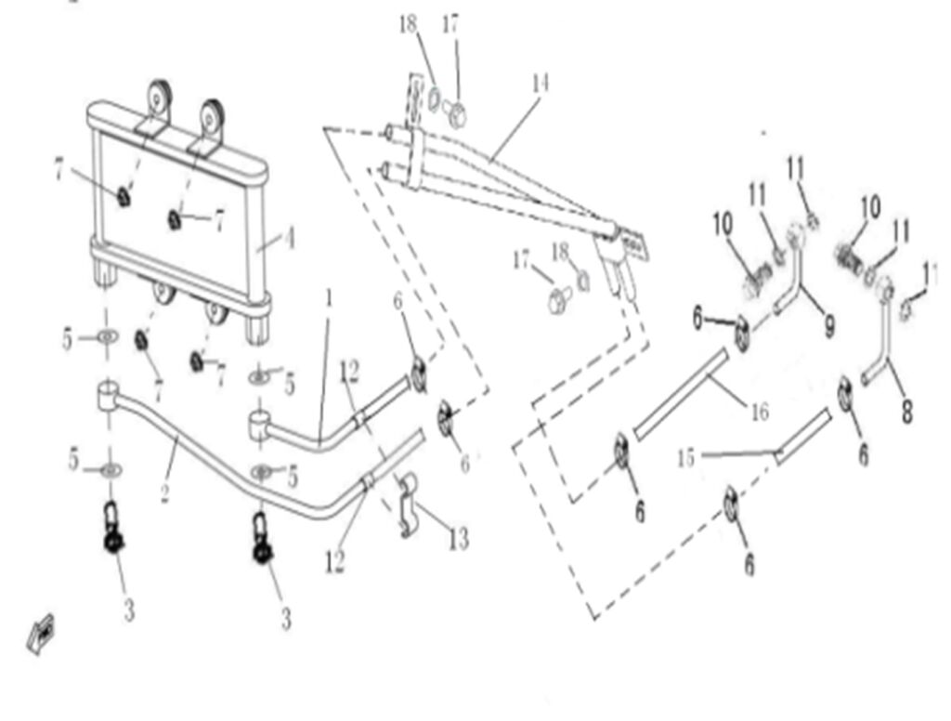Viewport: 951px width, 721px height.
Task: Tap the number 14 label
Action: coord(540,84)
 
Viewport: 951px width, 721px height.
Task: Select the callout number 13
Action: coord(458,538)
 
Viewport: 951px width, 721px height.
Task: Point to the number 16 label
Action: coord(760,410)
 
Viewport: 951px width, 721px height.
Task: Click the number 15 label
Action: coord(685,457)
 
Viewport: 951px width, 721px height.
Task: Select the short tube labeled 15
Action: coord(802,437)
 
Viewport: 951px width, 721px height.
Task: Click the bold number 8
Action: coord(907,410)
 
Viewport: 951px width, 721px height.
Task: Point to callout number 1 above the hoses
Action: coord(328,298)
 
